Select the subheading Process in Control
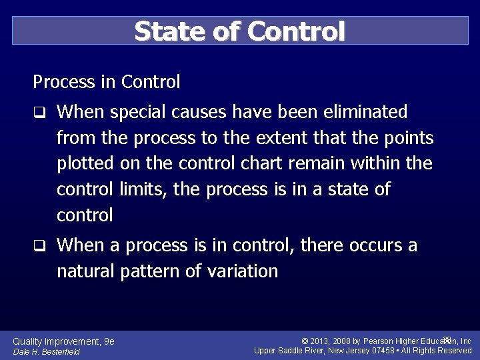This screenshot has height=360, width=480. coord(107,82)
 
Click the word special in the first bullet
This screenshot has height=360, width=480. coord(137,112)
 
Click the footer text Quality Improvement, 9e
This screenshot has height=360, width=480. coord(63,341)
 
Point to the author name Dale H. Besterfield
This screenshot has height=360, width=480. coord(46,352)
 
